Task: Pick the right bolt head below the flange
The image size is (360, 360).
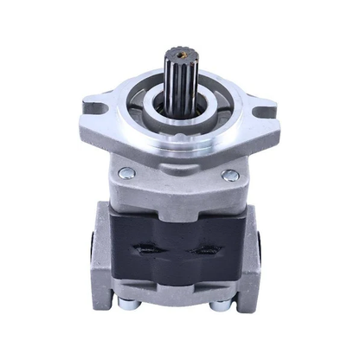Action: [x=230, y=176]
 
